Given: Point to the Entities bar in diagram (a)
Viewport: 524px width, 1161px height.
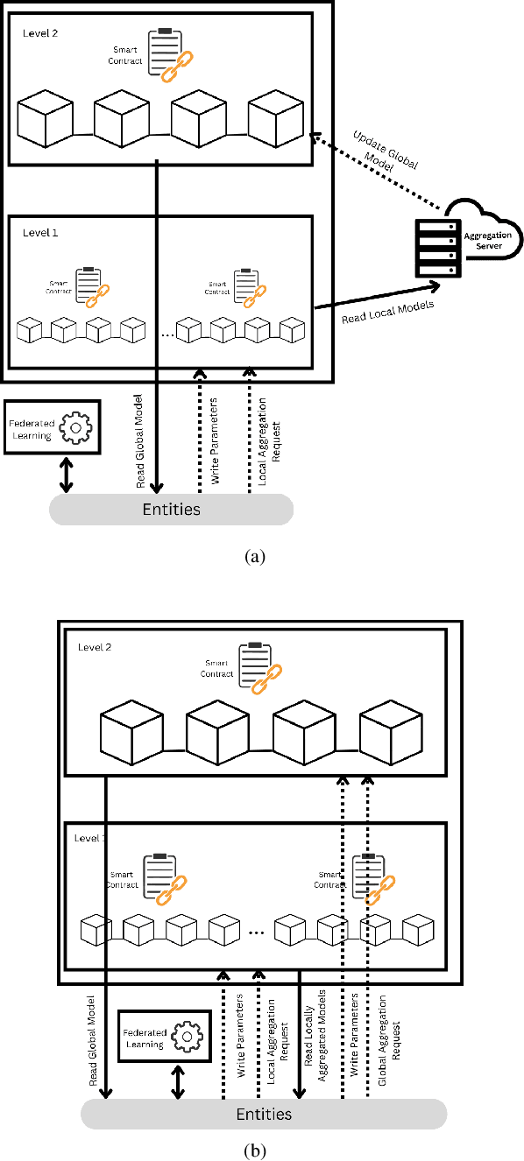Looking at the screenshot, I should [x=171, y=509].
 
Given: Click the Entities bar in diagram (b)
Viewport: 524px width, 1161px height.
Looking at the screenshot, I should [x=264, y=1114].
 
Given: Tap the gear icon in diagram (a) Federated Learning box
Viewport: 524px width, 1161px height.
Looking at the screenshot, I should [x=78, y=429].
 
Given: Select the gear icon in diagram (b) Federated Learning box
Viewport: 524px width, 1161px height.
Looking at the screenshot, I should [x=187, y=1038].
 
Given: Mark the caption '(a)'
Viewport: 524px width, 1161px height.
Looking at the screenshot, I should [x=256, y=556].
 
